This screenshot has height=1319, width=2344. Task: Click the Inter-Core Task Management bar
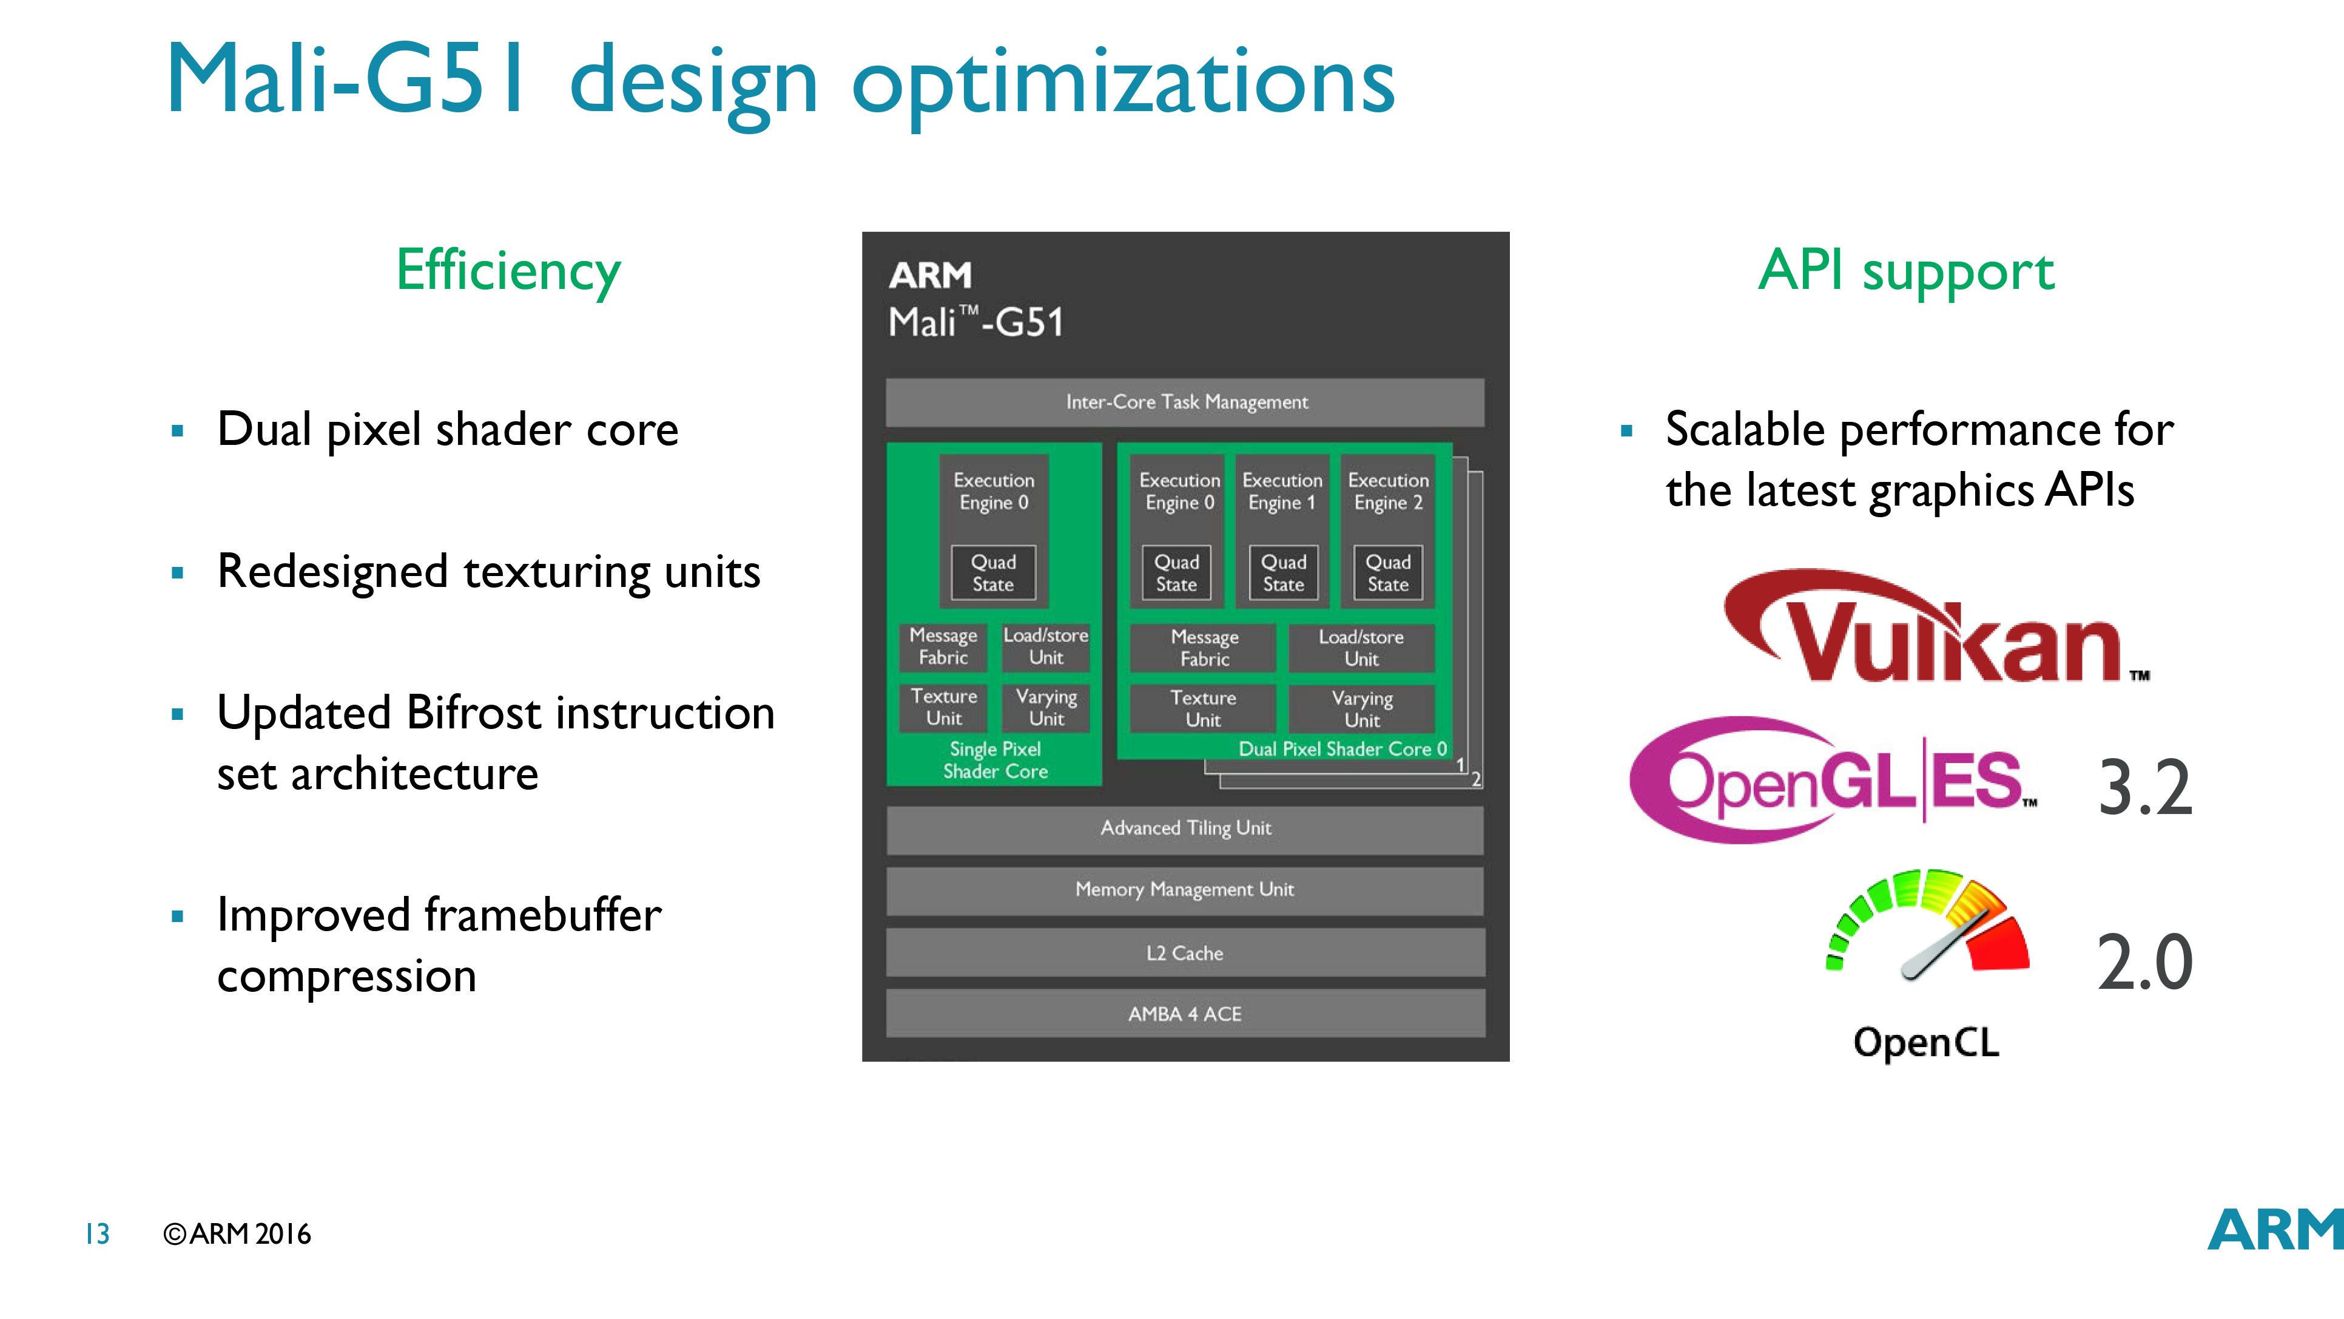click(1185, 402)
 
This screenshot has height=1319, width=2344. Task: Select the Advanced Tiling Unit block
click(1185, 829)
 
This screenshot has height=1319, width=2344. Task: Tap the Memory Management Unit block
click(1185, 890)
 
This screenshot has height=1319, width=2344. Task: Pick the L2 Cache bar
click(1185, 953)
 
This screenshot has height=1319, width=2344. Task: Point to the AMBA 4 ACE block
click(1185, 1014)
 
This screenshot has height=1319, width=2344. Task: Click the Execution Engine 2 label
click(1388, 492)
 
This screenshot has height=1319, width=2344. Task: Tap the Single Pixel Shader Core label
click(995, 760)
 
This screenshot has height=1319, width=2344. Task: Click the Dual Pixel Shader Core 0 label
click(1342, 749)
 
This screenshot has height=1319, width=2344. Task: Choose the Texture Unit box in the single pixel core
click(944, 707)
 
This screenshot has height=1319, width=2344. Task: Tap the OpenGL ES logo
click(1832, 780)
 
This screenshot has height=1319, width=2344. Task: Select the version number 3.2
click(2145, 788)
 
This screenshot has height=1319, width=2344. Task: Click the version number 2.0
click(2145, 963)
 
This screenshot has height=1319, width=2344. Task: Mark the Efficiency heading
click(508, 271)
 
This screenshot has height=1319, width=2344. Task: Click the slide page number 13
click(97, 1235)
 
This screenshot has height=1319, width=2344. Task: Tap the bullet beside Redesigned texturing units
click(177, 572)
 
